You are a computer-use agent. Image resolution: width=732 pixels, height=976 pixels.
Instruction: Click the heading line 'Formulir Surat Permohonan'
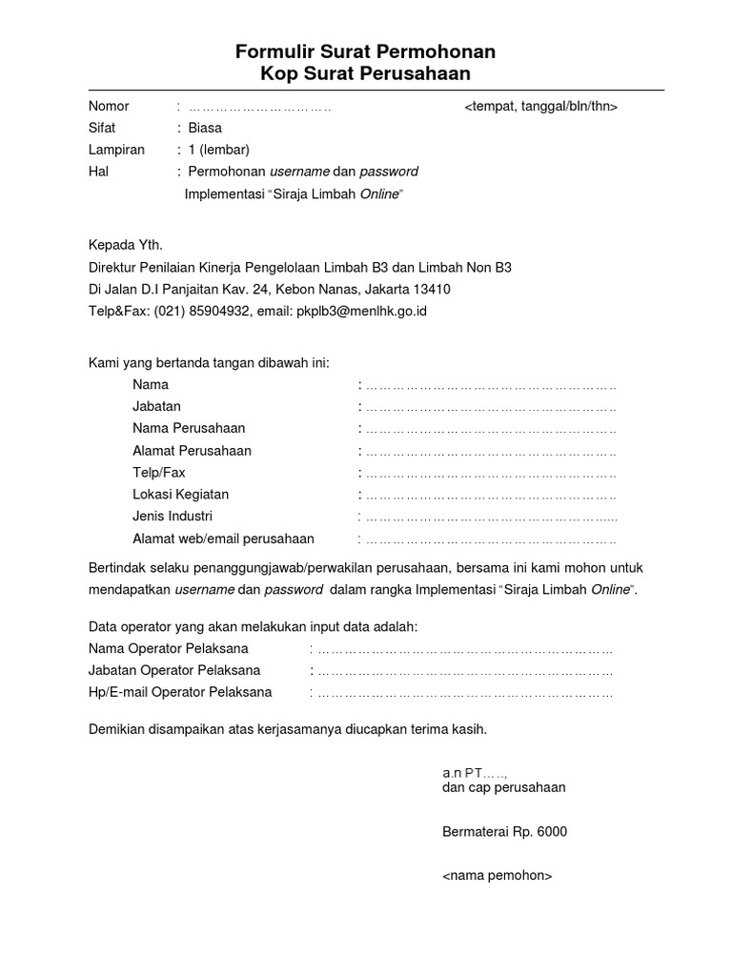(365, 51)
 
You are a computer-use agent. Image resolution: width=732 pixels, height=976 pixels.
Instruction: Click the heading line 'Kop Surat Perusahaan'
(365, 74)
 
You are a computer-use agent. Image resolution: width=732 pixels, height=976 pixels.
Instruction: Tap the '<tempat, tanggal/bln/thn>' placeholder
(540, 106)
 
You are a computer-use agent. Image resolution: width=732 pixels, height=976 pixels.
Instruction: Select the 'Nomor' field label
(109, 106)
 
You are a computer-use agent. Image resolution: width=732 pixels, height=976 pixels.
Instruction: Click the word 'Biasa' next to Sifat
(205, 128)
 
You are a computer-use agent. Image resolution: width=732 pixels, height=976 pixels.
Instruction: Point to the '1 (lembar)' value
(218, 150)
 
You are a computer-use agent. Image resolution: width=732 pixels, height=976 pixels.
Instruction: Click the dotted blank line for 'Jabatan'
(491, 407)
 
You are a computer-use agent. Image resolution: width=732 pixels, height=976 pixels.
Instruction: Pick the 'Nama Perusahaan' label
(189, 429)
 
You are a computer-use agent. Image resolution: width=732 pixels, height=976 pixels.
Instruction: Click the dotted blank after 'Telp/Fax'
(491, 474)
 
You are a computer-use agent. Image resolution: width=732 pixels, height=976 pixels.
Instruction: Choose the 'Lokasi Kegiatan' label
(181, 495)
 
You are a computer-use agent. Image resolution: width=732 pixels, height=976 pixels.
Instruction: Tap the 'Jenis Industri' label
(173, 517)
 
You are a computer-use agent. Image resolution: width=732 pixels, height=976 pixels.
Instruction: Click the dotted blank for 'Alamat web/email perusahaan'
(491, 539)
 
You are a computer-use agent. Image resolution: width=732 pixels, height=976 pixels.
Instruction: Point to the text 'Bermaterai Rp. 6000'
(504, 832)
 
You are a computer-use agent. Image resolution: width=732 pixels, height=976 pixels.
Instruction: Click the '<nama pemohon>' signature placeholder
(497, 876)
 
